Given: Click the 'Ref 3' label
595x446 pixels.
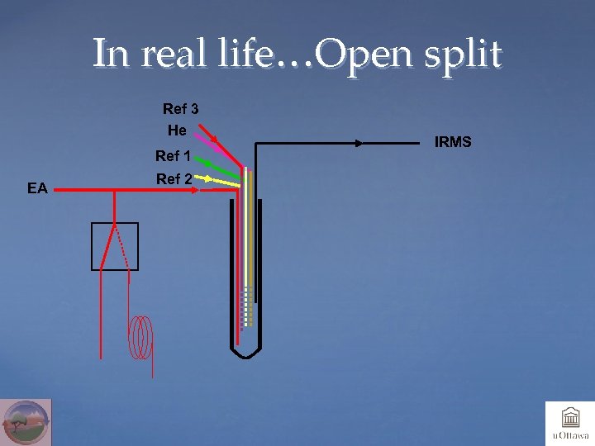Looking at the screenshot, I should (x=180, y=109).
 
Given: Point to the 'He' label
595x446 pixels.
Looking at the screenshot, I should (x=177, y=130).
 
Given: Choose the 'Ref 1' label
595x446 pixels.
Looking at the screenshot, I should (x=174, y=156).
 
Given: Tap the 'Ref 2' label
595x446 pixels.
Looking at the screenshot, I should (x=174, y=179).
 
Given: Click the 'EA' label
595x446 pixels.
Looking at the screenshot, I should (x=37, y=188).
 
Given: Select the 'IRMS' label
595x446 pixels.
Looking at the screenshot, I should (x=453, y=143).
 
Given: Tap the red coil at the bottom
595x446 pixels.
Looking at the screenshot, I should (x=142, y=338).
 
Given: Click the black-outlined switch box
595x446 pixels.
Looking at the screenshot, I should (x=115, y=246).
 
